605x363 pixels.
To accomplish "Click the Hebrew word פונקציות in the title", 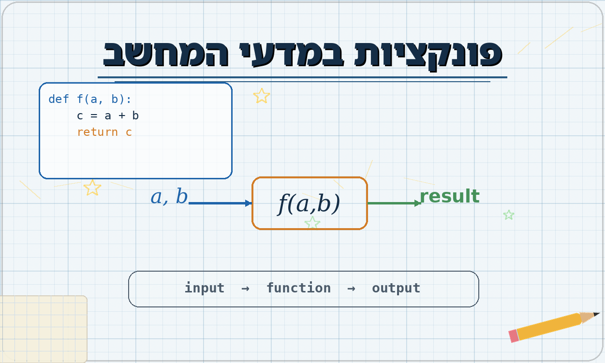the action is tap(428, 55).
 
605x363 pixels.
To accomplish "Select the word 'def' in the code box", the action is tap(59, 99).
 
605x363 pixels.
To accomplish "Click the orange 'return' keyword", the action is tap(97, 132).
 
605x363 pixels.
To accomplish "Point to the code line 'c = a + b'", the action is tap(107, 116).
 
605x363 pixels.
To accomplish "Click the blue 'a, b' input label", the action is tap(169, 196).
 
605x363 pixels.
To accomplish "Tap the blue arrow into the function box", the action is tap(220, 203).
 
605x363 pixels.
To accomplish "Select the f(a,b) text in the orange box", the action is tap(309, 204).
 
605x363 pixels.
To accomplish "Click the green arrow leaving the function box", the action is tap(394, 203).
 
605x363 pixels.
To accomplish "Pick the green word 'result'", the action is tap(450, 196).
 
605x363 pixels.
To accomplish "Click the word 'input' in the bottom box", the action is tap(205, 288).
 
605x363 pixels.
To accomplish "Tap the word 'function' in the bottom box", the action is tap(299, 288).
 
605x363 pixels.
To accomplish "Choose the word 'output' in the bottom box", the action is tap(396, 288).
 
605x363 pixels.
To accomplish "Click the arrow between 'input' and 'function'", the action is tap(245, 289).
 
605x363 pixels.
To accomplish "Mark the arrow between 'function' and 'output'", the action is tap(351, 289).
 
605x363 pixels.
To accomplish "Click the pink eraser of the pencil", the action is tap(514, 336).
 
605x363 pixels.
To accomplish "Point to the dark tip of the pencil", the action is tap(596, 314).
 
